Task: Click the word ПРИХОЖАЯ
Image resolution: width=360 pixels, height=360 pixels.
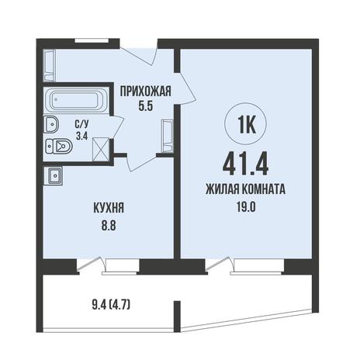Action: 146,92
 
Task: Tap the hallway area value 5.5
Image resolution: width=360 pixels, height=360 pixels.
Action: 146,106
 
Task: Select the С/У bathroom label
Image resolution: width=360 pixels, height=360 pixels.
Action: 81,125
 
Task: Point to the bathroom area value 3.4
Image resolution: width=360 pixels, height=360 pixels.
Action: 81,136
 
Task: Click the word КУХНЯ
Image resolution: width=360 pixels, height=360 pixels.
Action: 109,208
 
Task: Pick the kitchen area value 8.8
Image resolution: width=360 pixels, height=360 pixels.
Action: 109,226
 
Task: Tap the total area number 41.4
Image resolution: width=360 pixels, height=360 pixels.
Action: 245,164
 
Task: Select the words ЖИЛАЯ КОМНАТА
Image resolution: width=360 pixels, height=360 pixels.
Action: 246,189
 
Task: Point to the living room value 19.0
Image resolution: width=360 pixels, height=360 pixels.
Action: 246,207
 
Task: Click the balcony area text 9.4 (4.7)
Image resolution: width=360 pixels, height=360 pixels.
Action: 111,306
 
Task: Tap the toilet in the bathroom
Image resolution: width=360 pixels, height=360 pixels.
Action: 59,147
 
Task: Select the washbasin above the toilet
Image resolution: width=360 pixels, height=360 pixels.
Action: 51,124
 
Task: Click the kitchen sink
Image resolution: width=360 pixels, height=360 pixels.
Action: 54,176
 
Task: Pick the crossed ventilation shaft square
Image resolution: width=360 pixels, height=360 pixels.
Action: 100,150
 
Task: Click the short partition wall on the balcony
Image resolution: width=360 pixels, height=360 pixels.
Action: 177,317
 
